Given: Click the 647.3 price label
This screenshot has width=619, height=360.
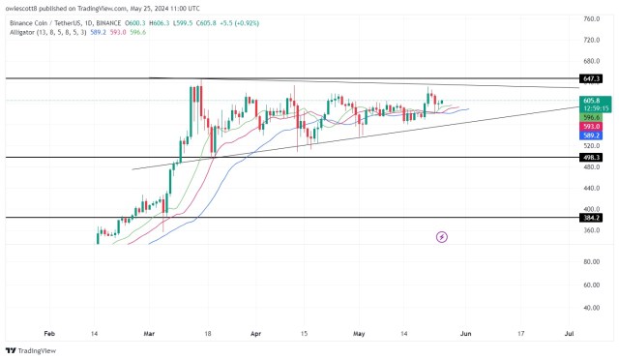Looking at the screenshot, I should point(592,77).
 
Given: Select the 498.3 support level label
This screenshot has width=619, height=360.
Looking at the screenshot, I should point(592,157).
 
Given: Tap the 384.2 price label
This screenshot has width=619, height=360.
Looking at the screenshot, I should point(592,219).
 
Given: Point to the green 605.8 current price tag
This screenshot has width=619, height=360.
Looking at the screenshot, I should point(592,100).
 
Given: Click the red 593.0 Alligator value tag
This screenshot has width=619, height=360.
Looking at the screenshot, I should point(592,127).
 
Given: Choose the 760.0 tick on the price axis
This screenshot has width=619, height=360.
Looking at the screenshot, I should point(592,18).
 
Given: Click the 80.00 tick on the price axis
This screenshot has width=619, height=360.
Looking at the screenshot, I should point(592,262).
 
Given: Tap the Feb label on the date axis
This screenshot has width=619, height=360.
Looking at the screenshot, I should point(50,332).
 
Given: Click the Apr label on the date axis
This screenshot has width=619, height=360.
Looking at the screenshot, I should point(254,332).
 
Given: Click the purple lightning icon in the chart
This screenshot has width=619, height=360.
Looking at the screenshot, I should point(442,236).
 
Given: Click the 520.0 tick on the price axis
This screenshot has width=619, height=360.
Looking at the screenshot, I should point(592,146).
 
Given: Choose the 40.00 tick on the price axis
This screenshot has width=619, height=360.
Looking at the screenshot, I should point(592,308).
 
